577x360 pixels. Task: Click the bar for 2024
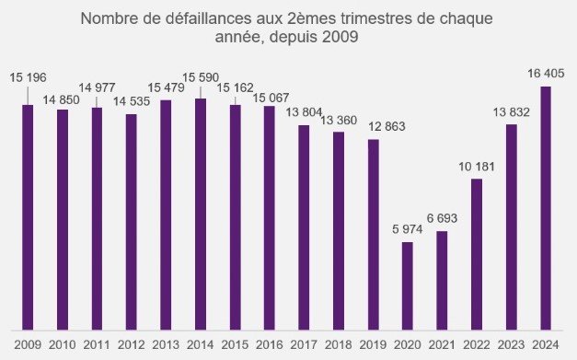[546, 208]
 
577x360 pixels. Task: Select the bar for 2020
[408, 285]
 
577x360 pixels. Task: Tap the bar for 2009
[28, 216]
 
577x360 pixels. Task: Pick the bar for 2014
[201, 214]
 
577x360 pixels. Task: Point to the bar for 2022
[477, 254]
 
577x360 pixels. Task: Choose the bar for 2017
[304, 226]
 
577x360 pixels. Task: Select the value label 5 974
[407, 228]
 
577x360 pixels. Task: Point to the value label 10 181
[477, 166]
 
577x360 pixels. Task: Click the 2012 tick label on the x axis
[131, 345]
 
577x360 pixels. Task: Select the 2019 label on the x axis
[373, 345]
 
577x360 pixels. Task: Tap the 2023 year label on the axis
[511, 345]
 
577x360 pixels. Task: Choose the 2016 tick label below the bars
[269, 345]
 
